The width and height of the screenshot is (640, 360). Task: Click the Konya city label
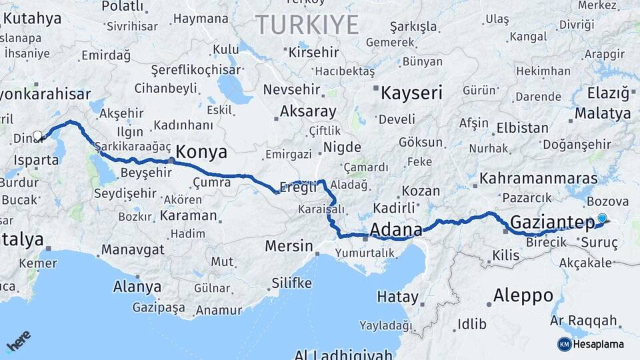[202, 151]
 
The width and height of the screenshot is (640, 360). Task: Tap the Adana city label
[395, 230]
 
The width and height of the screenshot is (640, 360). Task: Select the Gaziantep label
[552, 223]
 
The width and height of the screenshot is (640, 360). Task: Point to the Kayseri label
[411, 93]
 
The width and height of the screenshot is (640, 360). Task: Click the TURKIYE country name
[307, 25]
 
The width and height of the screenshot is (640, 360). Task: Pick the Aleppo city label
[523, 295]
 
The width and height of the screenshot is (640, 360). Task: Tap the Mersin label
[289, 246]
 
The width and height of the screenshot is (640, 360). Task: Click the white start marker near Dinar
[37, 135]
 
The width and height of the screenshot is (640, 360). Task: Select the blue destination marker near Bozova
[603, 218]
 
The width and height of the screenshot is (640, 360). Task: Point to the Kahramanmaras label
[529, 179]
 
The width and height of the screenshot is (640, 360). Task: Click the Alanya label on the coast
[137, 287]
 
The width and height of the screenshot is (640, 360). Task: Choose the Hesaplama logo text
[598, 345]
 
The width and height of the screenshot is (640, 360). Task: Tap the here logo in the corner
[19, 341]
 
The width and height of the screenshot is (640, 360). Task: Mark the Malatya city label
[603, 113]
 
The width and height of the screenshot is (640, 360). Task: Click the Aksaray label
[308, 111]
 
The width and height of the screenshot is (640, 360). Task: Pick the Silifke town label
[291, 283]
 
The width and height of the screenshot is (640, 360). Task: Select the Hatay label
[397, 297]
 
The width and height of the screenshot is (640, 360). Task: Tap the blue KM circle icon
[564, 345]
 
